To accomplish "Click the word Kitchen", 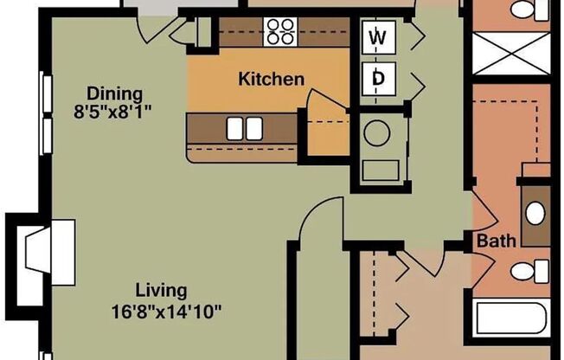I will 271,80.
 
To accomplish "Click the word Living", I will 160,291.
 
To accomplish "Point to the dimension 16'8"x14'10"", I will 171,311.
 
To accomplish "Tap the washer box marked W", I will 378,37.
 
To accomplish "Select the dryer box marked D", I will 378,79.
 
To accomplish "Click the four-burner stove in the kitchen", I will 280,31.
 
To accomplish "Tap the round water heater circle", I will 377,133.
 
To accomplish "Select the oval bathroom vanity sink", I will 536,211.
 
